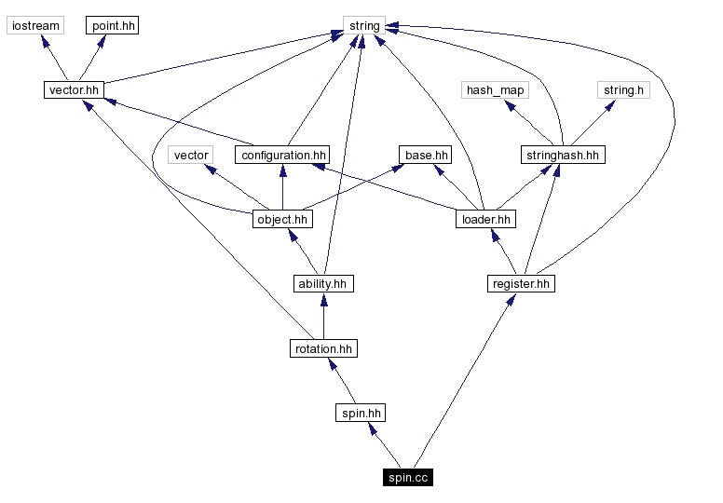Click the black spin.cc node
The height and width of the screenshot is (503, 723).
[407, 478]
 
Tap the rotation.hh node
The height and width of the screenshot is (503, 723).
[322, 348]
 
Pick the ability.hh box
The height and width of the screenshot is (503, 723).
[323, 284]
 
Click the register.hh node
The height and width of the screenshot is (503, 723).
[520, 284]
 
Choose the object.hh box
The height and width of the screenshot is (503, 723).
[281, 220]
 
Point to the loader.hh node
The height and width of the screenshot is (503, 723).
[485, 220]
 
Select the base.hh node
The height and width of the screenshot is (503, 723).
[426, 155]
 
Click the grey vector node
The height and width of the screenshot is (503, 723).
[191, 155]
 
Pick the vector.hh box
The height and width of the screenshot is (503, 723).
[73, 90]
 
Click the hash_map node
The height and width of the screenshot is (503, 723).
[495, 90]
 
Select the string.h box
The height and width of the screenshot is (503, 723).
[623, 90]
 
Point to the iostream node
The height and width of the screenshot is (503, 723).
[34, 26]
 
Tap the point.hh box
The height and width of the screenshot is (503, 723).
[113, 26]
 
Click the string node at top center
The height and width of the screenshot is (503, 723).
[363, 26]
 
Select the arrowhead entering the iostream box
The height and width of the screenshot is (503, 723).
[43, 40]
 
